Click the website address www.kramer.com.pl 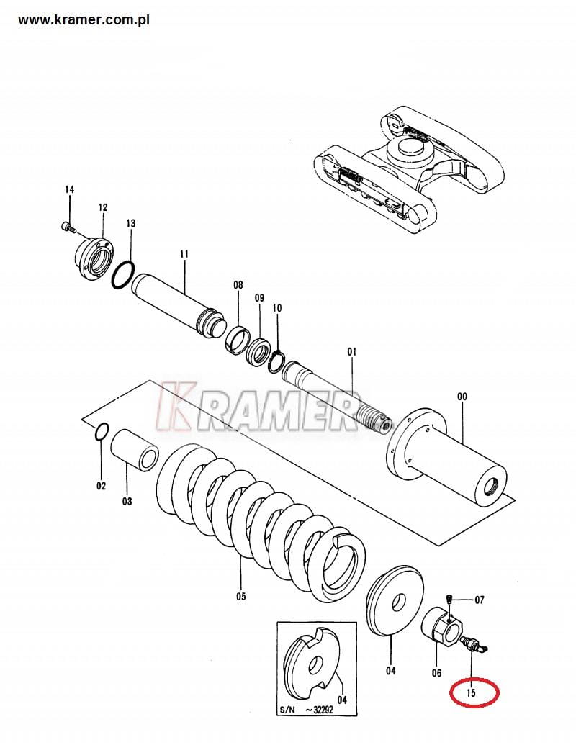pyautogui.click(x=84, y=20)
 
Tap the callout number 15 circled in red pyautogui.click(x=471, y=692)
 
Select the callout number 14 pyautogui.click(x=69, y=189)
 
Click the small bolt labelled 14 pyautogui.click(x=69, y=227)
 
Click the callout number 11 pyautogui.click(x=184, y=254)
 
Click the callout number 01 pyautogui.click(x=351, y=352)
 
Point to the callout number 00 pyautogui.click(x=462, y=397)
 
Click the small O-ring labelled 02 pyautogui.click(x=102, y=431)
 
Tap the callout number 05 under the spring pyautogui.click(x=241, y=596)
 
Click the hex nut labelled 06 pyautogui.click(x=442, y=626)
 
